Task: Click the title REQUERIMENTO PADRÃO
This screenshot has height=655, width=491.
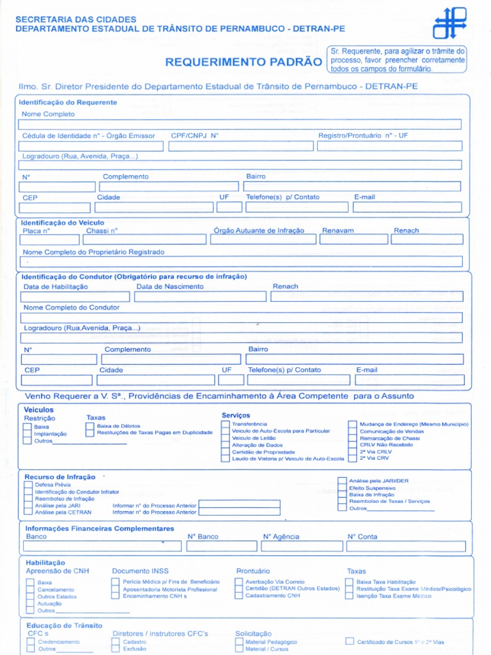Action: coord(244,62)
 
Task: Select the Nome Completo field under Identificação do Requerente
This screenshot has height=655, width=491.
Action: coord(240,124)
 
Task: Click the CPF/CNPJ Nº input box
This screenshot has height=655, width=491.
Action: coord(240,146)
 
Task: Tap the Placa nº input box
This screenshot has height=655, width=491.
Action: coord(50,239)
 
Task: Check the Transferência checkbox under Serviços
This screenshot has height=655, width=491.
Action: coord(226,424)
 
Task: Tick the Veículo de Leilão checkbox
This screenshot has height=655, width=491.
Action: coord(226,438)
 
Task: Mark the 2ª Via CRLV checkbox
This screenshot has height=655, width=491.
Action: coord(353,452)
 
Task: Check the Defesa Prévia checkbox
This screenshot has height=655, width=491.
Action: coord(29,485)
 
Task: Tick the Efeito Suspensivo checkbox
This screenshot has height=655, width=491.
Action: coord(342,487)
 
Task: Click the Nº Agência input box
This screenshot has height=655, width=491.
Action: coord(300,546)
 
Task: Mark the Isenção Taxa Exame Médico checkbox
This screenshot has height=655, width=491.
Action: coord(350,596)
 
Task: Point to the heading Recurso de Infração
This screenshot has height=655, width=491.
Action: coord(59,477)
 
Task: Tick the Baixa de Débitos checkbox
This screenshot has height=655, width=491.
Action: coord(90,426)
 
